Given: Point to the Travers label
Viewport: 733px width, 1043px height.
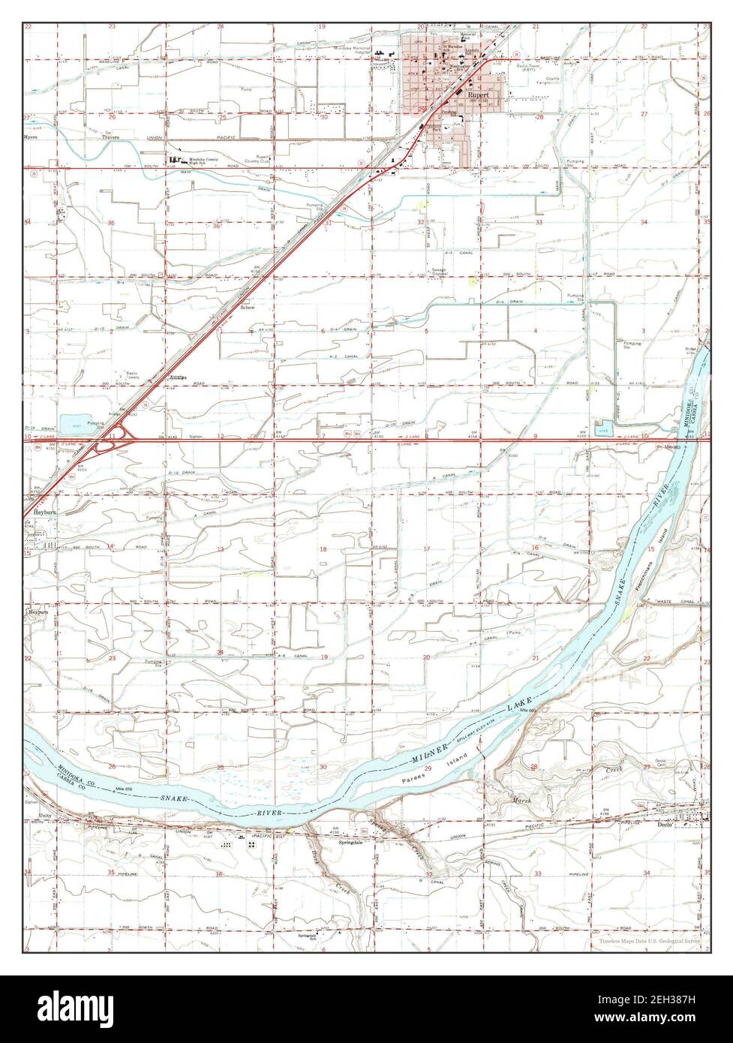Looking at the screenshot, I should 111,138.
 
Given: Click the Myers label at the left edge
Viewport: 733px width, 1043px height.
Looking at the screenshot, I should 32,138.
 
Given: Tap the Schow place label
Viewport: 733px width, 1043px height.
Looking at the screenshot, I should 247,308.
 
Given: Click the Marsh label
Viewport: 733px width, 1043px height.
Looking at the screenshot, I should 522,801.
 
